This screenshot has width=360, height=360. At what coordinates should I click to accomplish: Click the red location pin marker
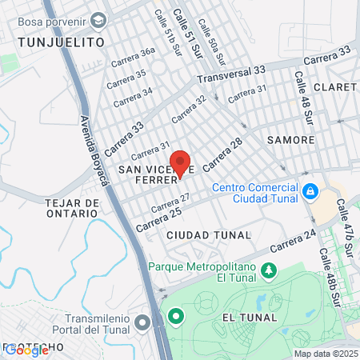point(180,162)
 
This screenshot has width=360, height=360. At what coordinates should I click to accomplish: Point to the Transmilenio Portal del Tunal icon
point(142,322)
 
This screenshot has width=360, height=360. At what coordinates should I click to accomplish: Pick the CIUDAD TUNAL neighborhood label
point(209,235)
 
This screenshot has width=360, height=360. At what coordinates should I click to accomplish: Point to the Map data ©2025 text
point(326,354)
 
